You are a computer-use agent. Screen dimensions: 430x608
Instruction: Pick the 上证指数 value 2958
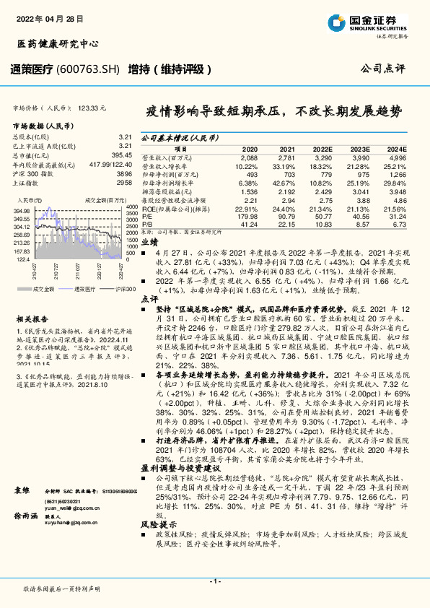[x=124, y=183]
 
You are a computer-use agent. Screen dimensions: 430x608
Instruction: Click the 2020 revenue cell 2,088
[x=248, y=157]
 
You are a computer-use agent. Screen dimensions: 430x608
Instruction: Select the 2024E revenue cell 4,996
[x=398, y=157]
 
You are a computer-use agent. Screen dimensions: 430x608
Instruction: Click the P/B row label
[x=147, y=224]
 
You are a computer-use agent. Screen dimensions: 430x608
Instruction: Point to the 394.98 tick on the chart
[x=22, y=210]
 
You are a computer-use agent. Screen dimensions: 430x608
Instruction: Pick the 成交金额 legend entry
[x=40, y=289]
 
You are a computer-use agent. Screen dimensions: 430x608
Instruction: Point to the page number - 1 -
[x=214, y=581]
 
